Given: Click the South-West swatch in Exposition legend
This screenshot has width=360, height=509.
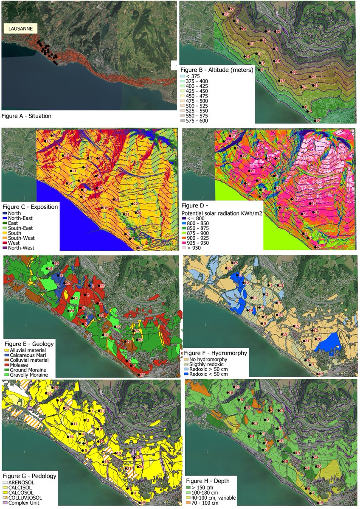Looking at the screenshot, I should (x=7, y=238).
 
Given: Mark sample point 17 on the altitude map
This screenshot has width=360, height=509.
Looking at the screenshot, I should (x=315, y=120).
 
